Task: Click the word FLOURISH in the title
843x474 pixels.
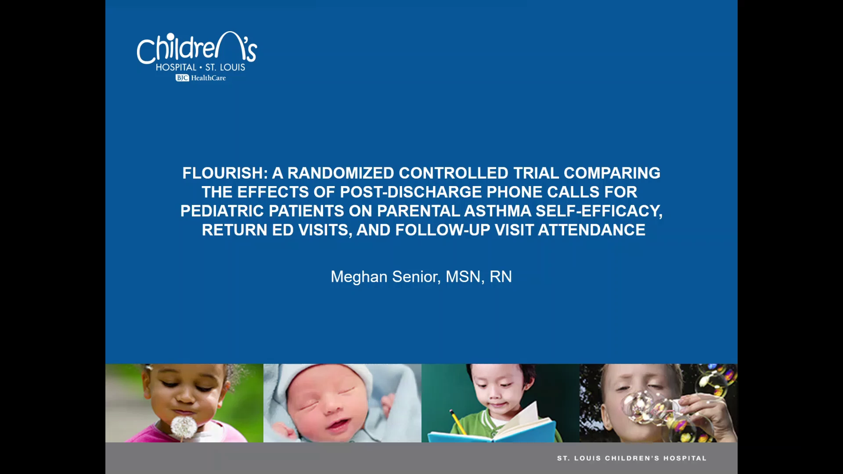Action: [x=223, y=173]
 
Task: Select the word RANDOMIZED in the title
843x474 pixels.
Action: [x=341, y=173]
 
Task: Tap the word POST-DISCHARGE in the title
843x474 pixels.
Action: [x=411, y=192]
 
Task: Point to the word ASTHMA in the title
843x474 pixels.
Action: [x=497, y=211]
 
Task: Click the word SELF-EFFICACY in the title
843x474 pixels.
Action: [x=599, y=211]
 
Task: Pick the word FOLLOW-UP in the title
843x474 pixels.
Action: [x=443, y=230]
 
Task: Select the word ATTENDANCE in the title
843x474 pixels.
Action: [x=592, y=230]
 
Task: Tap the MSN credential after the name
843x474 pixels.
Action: [x=463, y=277]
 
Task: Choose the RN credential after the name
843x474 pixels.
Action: [x=501, y=276]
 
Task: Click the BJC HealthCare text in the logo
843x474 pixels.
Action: [x=201, y=78]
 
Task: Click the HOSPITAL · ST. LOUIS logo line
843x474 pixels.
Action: [x=201, y=67]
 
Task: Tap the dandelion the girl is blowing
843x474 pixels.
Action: [x=184, y=427]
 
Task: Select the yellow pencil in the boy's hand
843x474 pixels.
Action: [x=458, y=421]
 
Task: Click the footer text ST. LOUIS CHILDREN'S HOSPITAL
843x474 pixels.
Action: [x=632, y=458]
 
